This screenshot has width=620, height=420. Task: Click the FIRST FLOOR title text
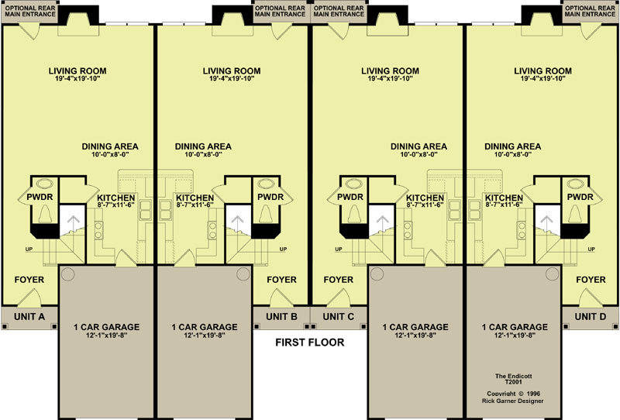point(309,342)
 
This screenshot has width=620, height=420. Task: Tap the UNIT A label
point(29,316)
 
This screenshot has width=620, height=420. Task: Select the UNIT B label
point(281,316)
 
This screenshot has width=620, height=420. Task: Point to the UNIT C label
point(339,316)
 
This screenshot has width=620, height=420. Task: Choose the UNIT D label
point(591,316)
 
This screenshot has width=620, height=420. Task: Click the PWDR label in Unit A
point(40,197)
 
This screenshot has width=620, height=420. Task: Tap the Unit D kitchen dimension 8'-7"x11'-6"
point(505,205)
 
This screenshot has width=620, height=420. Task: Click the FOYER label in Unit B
point(281,280)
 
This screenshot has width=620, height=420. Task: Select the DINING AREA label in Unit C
point(418,146)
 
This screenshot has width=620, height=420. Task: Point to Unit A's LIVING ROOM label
point(77,71)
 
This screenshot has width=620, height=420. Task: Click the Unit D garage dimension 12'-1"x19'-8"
point(515,336)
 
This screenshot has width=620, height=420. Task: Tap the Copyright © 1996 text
point(513,394)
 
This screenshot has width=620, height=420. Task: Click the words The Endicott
point(513,376)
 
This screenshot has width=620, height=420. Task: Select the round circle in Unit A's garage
point(67,274)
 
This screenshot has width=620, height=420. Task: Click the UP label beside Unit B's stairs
point(283,250)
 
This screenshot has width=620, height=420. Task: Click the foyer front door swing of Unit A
point(29,297)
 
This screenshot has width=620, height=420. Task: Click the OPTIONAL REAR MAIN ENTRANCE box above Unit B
point(280,11)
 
